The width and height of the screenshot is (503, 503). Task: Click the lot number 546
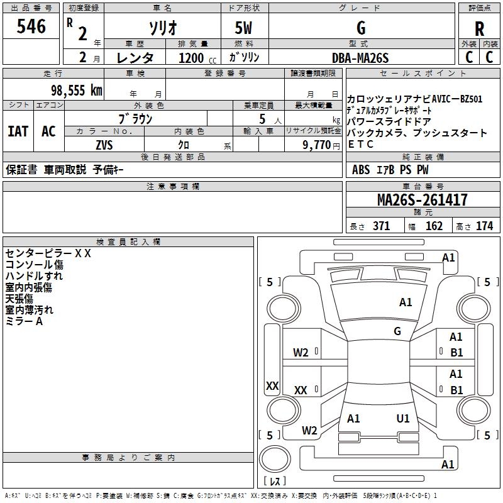(31, 26)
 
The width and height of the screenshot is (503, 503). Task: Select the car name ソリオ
(162, 28)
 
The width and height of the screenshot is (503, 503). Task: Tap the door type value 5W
(243, 28)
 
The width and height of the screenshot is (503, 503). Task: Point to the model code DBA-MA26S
(361, 58)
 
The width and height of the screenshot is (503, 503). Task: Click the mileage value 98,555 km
(76, 90)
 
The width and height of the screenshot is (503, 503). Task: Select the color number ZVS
(104, 145)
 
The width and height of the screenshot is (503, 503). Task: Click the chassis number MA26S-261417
(422, 200)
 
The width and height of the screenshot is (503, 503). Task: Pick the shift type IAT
(18, 131)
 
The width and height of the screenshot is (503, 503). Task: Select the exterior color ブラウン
(135, 118)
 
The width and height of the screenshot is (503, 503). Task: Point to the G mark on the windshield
(397, 331)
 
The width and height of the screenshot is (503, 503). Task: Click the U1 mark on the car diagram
(403, 419)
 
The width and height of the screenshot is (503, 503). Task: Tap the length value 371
(381, 226)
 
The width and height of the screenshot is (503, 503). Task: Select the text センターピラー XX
(48, 253)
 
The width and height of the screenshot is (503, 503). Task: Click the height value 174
(484, 226)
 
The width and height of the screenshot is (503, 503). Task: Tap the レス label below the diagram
(274, 482)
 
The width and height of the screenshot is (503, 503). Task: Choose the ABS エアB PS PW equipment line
(390, 170)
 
